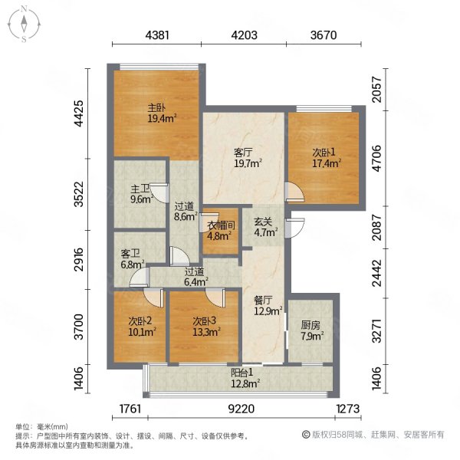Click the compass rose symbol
(x=24, y=25)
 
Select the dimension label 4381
(x=157, y=35)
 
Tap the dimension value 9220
(x=242, y=409)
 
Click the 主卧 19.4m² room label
(x=162, y=113)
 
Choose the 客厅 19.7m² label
(x=248, y=158)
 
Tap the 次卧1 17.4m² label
(x=327, y=158)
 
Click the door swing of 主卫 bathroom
(x=160, y=193)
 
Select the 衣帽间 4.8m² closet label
(x=222, y=231)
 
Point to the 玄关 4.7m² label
(x=266, y=227)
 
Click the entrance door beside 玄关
(x=295, y=228)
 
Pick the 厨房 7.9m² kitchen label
(x=312, y=330)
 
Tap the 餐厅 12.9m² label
(x=268, y=305)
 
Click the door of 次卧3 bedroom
(x=215, y=297)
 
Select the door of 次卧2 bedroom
(x=153, y=297)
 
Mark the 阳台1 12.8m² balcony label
(x=245, y=378)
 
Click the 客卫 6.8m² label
(x=133, y=259)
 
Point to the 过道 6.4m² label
(x=196, y=277)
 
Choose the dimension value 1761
(x=130, y=409)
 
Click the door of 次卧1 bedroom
(x=295, y=192)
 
